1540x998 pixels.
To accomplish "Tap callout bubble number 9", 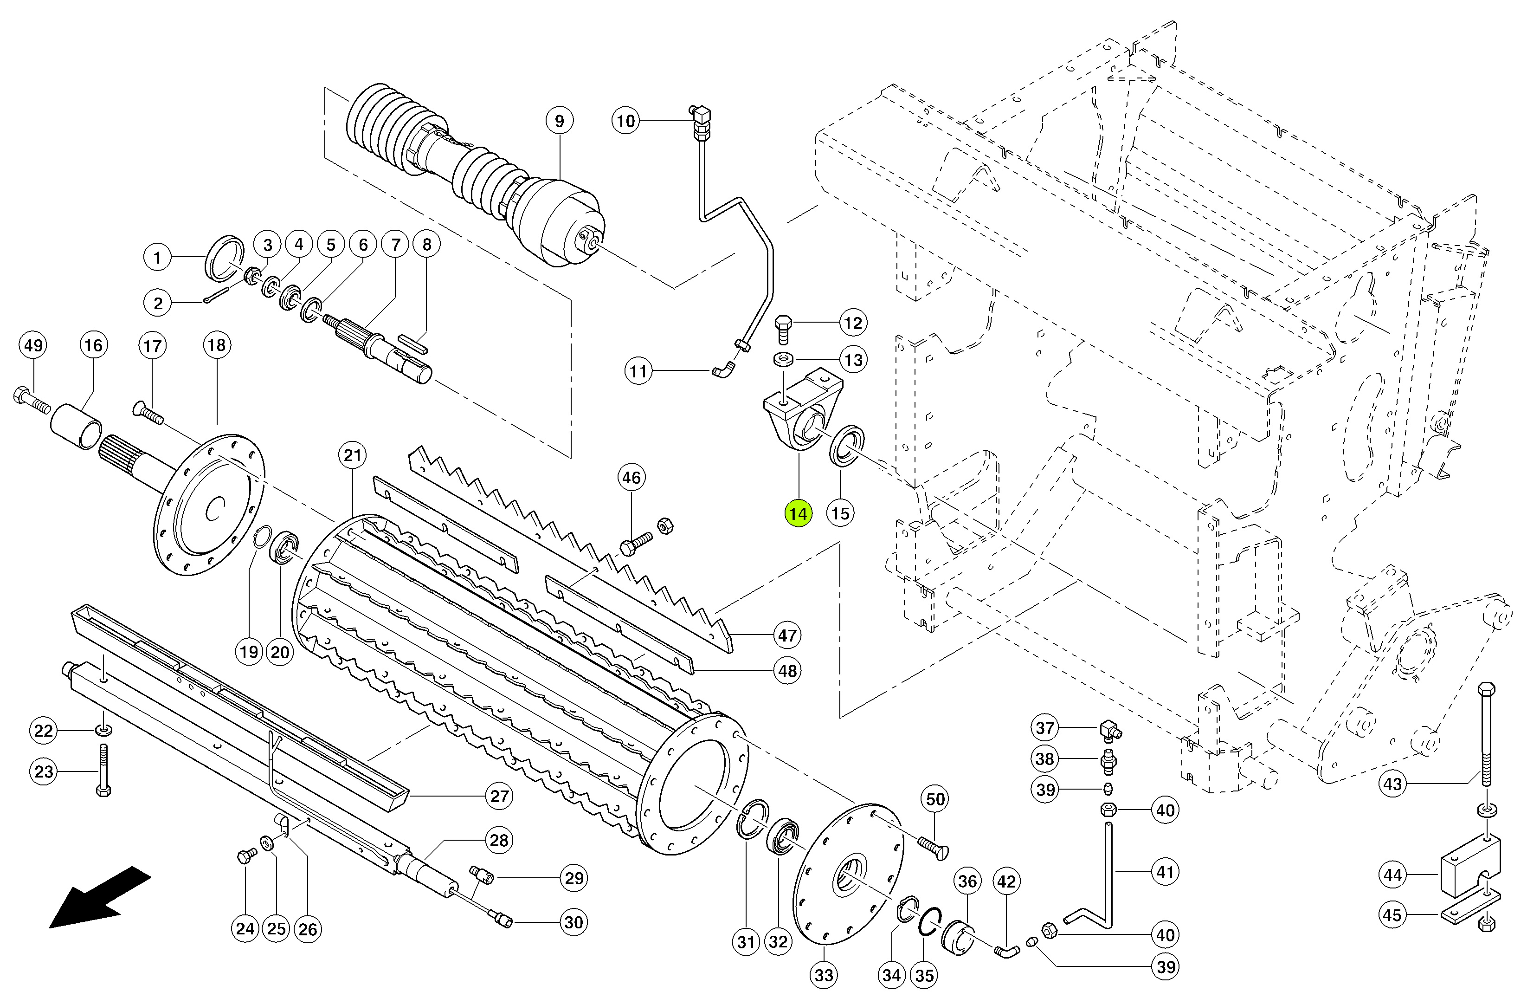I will click(559, 120).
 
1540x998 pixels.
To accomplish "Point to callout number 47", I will click(787, 635).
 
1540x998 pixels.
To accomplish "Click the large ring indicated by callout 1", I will click(225, 258).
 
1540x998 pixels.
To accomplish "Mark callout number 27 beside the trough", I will click(499, 796).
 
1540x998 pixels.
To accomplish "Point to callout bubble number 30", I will click(574, 922).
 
